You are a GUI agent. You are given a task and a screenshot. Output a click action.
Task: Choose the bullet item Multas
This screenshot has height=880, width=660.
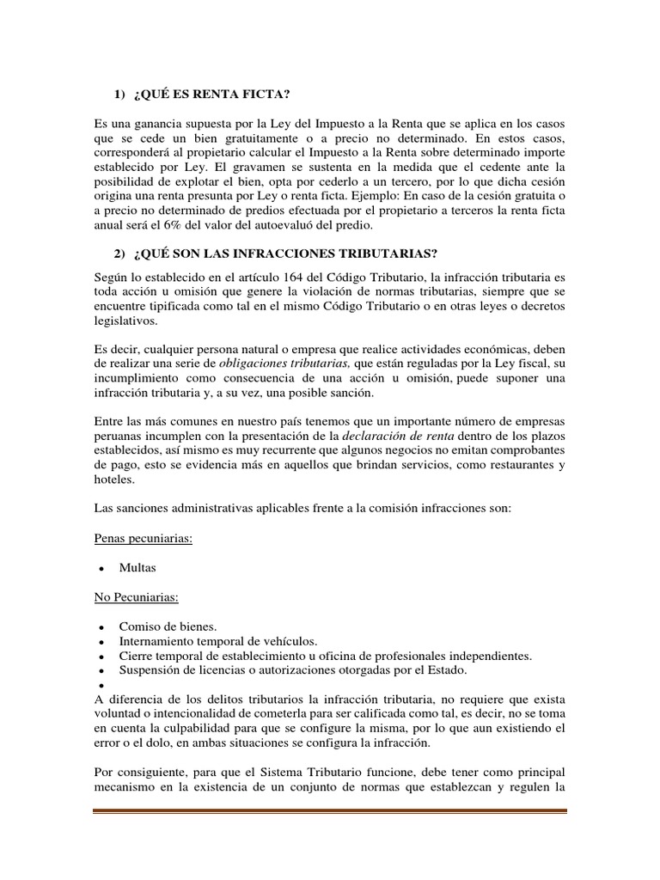click(139, 568)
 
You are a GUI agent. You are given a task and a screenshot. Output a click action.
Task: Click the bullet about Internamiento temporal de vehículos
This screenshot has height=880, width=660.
click(218, 642)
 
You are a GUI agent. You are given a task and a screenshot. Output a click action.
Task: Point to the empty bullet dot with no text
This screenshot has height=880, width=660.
click(102, 685)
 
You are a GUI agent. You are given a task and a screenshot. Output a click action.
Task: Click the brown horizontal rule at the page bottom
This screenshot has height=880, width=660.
click(330, 811)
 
